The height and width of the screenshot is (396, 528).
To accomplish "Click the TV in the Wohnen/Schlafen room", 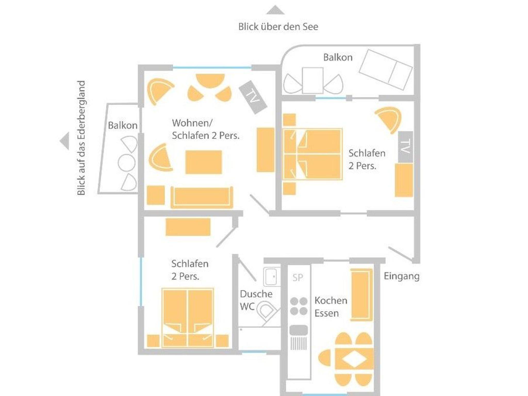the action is (253, 97).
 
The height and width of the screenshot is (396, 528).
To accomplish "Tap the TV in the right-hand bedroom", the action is (406, 147).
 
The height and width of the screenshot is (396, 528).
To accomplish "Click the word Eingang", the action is (401, 276).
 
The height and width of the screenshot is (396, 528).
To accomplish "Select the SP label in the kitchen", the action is (298, 277).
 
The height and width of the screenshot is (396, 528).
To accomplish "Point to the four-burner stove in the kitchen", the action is (299, 306).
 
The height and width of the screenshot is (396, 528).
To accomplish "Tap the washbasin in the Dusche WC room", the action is (271, 277).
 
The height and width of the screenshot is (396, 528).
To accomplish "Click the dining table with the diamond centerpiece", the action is (354, 359).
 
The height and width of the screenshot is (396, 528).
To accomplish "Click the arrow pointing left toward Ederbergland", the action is (65, 141).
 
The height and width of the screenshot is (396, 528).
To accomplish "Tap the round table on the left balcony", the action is (126, 163).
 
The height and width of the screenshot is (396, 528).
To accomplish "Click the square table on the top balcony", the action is (312, 80).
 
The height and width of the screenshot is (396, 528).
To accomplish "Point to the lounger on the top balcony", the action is (386, 70).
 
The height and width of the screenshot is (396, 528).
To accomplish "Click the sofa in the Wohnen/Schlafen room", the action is (202, 197).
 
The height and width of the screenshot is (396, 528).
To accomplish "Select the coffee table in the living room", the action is (204, 162).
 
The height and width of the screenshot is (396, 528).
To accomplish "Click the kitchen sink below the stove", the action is (299, 330).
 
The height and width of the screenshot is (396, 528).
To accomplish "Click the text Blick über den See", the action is (278, 27).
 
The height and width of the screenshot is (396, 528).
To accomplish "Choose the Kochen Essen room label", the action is (331, 307).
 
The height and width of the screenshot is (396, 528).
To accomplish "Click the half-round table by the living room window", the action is (210, 80).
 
